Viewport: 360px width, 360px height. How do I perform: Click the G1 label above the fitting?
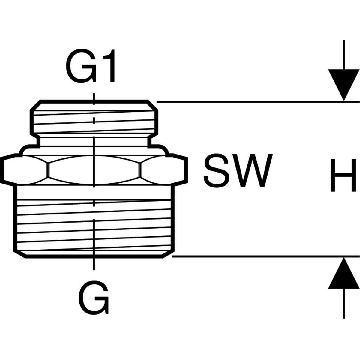[x=91, y=68]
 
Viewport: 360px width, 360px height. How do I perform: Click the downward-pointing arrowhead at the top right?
[x=344, y=85]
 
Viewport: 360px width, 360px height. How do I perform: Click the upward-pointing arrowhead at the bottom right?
[x=344, y=274]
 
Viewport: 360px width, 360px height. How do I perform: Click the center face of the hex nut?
[x=94, y=170]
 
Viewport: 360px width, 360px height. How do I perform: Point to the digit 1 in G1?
[x=109, y=68]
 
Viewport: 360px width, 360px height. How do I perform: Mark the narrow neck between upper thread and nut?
[x=93, y=141]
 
